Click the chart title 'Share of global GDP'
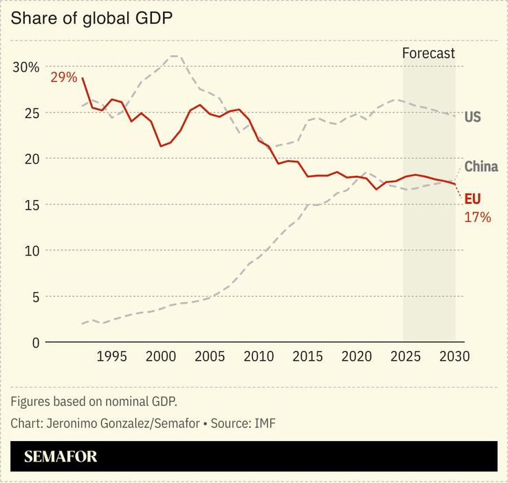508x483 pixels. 91,19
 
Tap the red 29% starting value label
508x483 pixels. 63,77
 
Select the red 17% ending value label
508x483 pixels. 478,217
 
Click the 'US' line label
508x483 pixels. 472,117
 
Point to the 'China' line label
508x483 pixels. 481,166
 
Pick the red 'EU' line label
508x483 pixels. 472,199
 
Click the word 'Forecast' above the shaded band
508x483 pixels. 428,54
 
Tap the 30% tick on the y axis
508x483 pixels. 25,67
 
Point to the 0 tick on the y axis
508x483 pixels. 35,342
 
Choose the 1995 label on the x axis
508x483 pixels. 111,357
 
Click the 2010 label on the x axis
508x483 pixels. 258,357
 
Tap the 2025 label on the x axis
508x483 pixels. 406,357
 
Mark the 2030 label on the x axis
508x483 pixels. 454,357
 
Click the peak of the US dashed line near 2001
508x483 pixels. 175,56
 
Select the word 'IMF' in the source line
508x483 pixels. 265,423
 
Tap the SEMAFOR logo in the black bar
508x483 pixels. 60,457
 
